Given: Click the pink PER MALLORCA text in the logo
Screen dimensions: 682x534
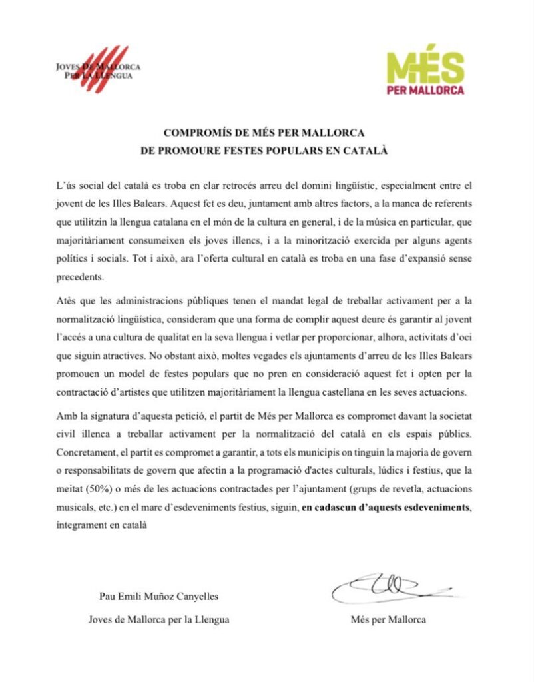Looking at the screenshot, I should [426, 90].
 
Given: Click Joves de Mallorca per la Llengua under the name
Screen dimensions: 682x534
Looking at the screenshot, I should [158, 619].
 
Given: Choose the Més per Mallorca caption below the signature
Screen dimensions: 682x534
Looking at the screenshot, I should [388, 619].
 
